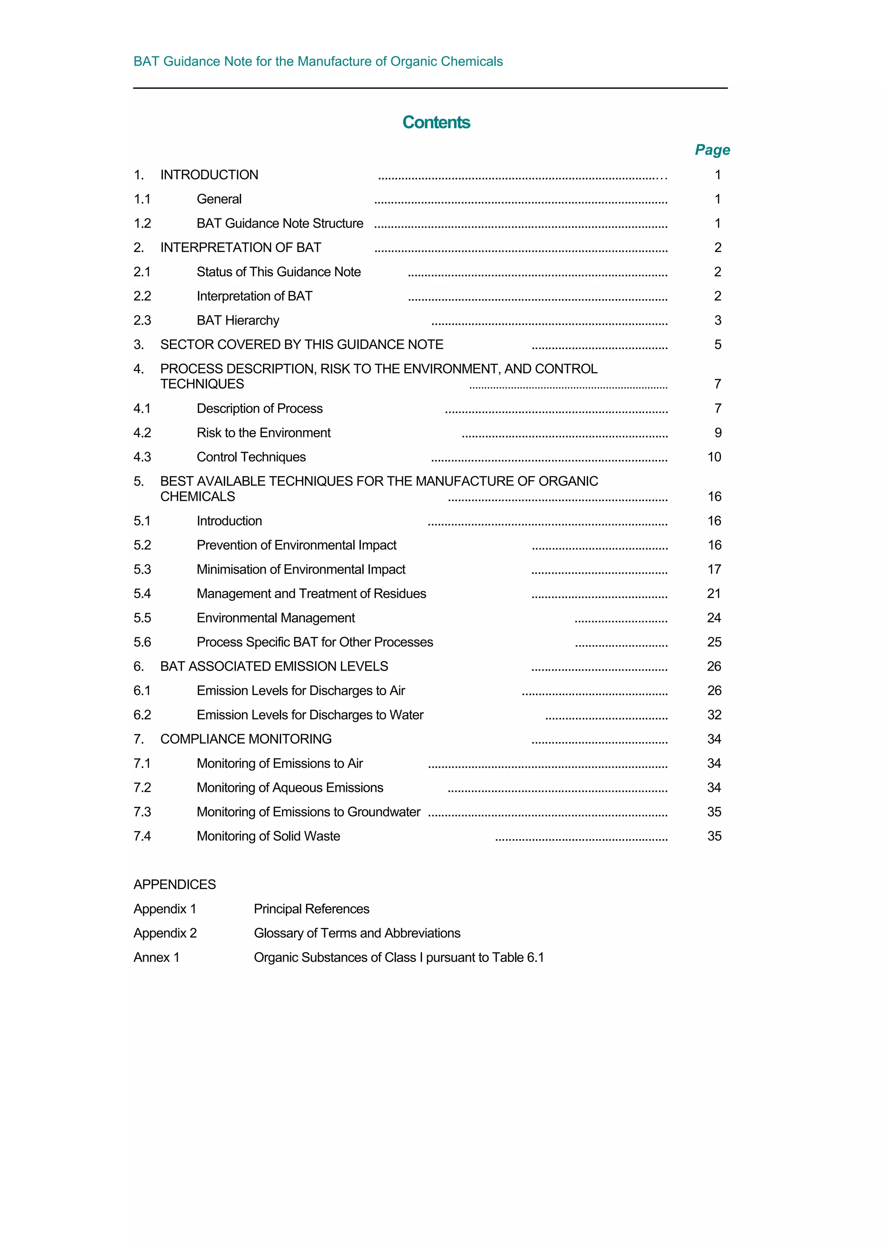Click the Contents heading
pyautogui.click(x=436, y=122)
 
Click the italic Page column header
pyautogui.click(x=712, y=150)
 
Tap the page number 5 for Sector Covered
pyautogui.click(x=717, y=345)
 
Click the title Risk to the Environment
pyautogui.click(x=263, y=433)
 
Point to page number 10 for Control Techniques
pyautogui.click(x=714, y=457)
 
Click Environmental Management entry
pyautogui.click(x=276, y=618)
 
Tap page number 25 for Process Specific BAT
pyautogui.click(x=714, y=643)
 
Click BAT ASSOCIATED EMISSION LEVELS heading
pyautogui.click(x=274, y=666)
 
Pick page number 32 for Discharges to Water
pyautogui.click(x=714, y=715)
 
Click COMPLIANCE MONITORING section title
pyautogui.click(x=245, y=739)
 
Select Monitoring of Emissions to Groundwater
pyautogui.click(x=308, y=812)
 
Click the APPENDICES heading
pyautogui.click(x=175, y=884)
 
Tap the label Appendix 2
pyautogui.click(x=165, y=934)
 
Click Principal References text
pyautogui.click(x=311, y=909)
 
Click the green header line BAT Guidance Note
pyautogui.click(x=318, y=62)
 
